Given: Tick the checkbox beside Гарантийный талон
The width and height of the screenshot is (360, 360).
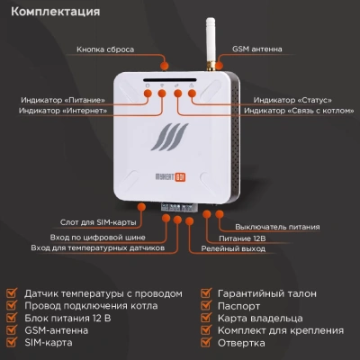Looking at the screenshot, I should pyautogui.click(x=206, y=293).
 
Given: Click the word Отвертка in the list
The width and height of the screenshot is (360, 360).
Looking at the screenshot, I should pyautogui.click(x=241, y=344).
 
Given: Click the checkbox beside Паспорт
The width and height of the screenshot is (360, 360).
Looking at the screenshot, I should pyautogui.click(x=206, y=306).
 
